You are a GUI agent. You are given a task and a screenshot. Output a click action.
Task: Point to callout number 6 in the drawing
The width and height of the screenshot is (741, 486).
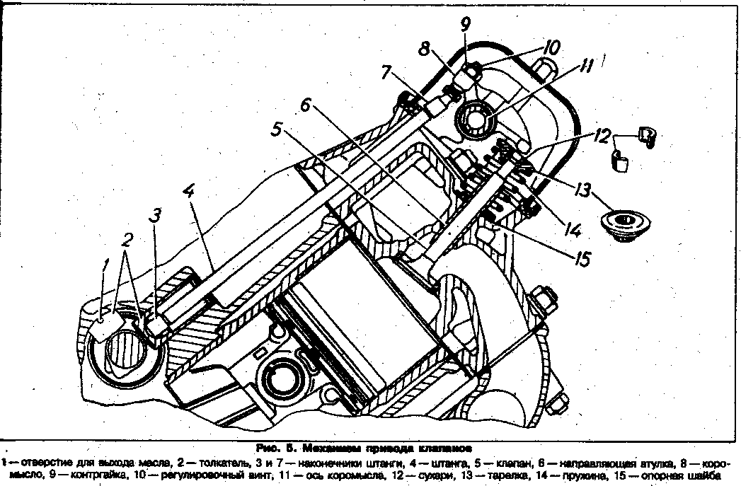click(304, 106)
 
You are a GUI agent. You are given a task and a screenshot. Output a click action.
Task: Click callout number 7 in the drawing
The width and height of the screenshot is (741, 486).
click(386, 74)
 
